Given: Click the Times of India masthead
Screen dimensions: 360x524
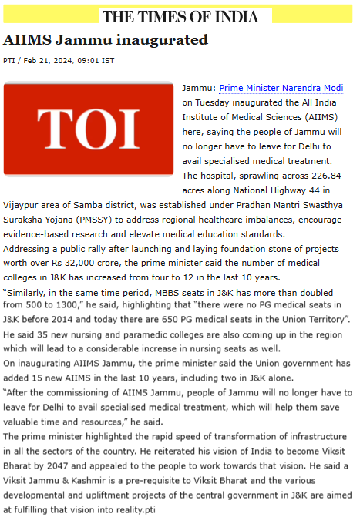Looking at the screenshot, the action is [187, 17].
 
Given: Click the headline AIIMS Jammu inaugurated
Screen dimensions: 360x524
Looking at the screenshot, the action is [106, 39].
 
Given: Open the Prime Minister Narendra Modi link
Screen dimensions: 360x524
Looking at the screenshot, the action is [281, 88].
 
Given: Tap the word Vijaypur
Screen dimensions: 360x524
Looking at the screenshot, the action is [22, 205].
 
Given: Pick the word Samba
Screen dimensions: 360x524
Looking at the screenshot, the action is [94, 205].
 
